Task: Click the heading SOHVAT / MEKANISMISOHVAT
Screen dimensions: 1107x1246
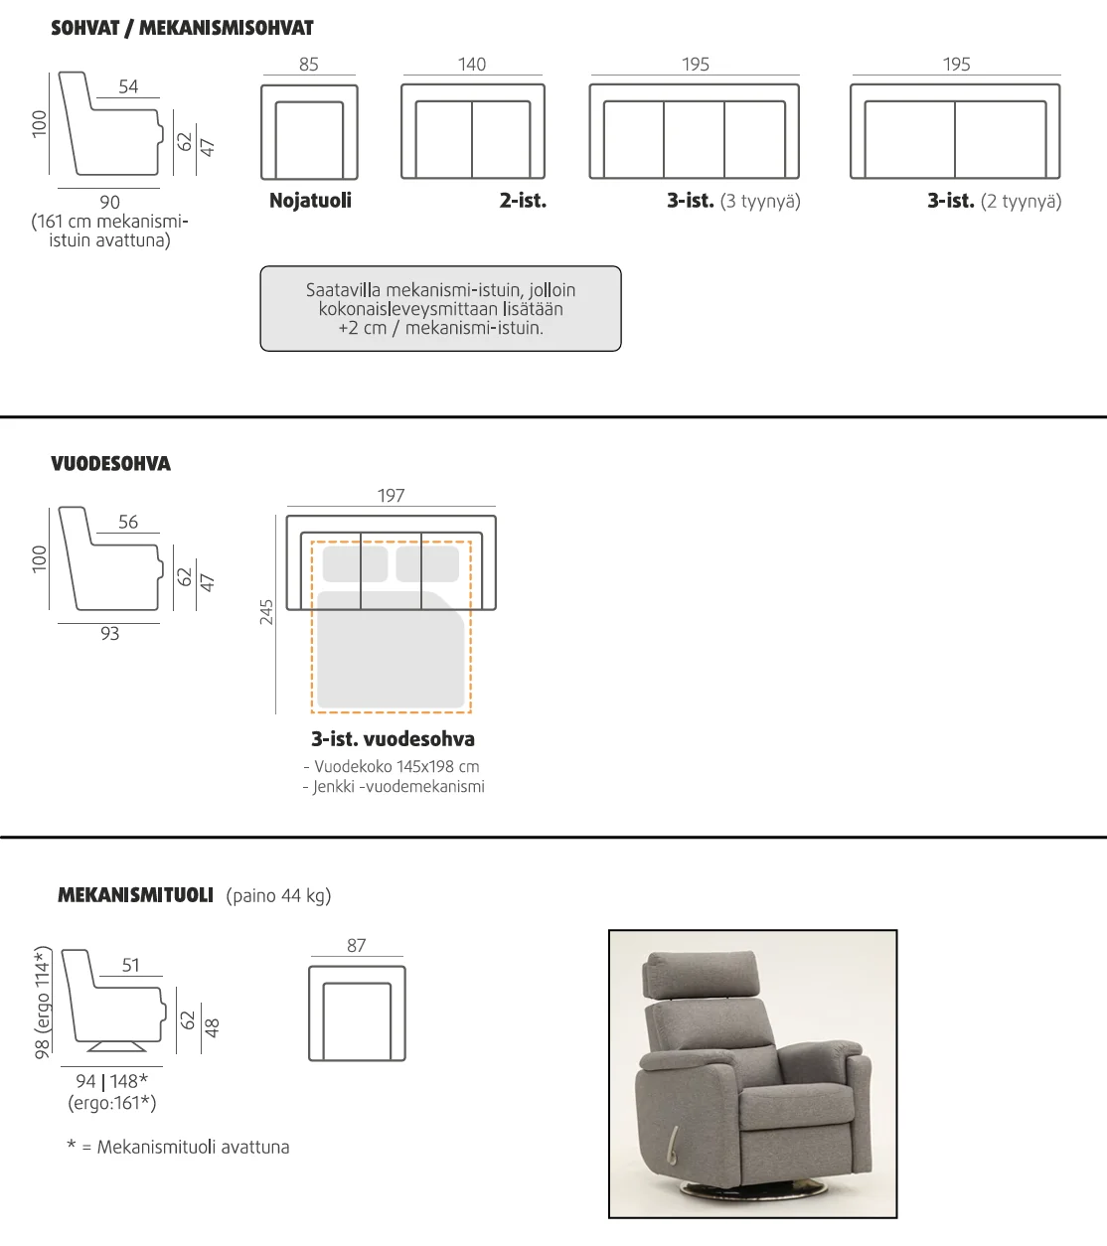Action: (x=182, y=28)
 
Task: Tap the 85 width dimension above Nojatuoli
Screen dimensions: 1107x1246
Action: (x=309, y=64)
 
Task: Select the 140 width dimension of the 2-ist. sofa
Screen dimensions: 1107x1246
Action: (x=472, y=64)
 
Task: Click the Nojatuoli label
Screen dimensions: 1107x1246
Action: (x=311, y=201)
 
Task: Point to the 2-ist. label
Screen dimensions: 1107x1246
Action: (x=523, y=201)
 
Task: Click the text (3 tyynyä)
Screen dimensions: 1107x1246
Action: (x=760, y=201)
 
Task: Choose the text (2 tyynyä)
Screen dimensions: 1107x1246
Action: (x=1021, y=201)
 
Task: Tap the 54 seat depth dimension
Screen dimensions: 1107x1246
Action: (x=128, y=86)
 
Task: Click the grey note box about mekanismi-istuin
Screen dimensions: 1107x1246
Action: (x=440, y=309)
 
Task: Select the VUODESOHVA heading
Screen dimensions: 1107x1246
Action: (x=110, y=463)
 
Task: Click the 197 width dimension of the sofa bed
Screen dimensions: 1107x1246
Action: (x=392, y=495)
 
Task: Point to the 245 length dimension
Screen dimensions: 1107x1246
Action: (x=266, y=612)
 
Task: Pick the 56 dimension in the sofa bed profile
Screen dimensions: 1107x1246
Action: (x=128, y=522)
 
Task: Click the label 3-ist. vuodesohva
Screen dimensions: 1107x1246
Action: (x=393, y=738)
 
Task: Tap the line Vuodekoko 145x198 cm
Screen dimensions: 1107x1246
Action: (x=392, y=766)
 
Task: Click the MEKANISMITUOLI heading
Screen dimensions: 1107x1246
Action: (x=136, y=895)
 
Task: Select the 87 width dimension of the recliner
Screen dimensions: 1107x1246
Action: (x=357, y=945)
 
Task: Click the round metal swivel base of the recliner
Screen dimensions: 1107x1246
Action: (x=754, y=1191)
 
